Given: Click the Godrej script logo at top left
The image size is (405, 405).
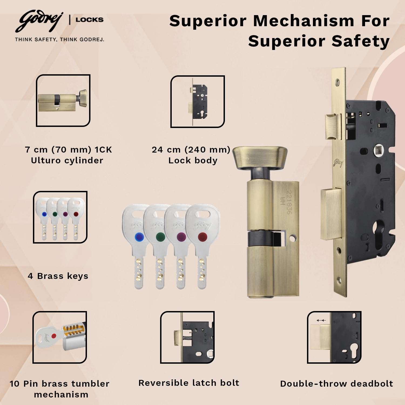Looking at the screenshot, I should point(39,21).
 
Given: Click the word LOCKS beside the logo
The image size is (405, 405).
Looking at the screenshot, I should point(89,20).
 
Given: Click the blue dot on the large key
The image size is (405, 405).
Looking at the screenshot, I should point(139,237).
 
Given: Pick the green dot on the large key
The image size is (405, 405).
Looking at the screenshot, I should point(160,237).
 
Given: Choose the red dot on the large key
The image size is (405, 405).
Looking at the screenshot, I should point(202,237).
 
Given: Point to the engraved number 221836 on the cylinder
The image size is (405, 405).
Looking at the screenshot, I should point(289,202).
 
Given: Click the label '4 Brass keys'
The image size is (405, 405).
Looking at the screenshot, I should point(58,276).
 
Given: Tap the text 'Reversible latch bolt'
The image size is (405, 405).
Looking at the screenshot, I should point(189,383).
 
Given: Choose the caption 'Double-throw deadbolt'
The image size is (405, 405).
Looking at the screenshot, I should point(336,384).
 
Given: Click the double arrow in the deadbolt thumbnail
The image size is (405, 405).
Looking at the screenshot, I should point(321,320).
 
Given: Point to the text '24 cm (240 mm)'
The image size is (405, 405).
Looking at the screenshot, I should point(191,150).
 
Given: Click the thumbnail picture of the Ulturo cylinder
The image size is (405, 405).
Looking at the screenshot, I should point(63,100).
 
